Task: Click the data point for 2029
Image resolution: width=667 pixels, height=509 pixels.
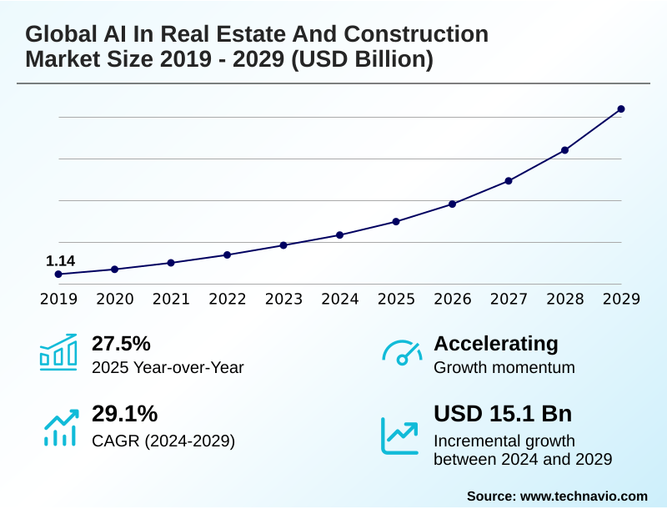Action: coord(621,109)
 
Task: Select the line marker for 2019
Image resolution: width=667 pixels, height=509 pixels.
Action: coord(58,274)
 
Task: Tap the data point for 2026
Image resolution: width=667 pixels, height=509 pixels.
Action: coord(452,204)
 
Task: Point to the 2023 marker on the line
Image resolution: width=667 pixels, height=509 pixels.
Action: coord(283,245)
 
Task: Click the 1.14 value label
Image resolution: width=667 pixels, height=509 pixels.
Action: coord(60,261)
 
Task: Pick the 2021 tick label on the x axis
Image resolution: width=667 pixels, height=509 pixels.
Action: coord(171,299)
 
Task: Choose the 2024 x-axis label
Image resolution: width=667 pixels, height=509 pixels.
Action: coord(340,299)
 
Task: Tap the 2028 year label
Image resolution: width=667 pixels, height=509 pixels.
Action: coord(564,299)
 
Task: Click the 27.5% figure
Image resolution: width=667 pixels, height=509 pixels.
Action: coord(121,344)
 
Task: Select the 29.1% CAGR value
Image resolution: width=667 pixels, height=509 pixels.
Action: coord(124,415)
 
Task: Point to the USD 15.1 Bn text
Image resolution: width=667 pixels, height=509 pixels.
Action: coord(503,415)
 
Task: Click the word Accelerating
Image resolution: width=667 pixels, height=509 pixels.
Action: coord(496,344)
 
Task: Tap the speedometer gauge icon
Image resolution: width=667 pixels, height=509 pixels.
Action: coord(402,353)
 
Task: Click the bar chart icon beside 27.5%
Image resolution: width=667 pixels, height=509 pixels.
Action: coord(58,353)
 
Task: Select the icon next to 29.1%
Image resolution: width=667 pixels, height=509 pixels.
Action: coord(60,426)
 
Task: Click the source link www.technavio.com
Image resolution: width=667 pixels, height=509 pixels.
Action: coord(584,496)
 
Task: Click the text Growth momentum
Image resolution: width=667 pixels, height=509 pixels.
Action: coord(504,367)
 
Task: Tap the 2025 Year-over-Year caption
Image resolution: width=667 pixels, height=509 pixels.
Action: coord(168,367)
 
